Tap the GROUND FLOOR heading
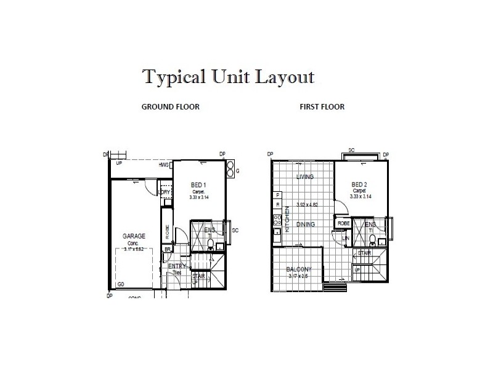(171, 106)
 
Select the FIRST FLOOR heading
(322, 106)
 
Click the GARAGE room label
(133, 236)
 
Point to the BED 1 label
(198, 185)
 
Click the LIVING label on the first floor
(305, 177)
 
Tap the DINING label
(306, 224)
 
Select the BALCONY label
(299, 269)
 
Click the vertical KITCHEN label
(287, 218)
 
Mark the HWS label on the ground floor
(164, 165)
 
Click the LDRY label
(165, 192)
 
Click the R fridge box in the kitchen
(278, 204)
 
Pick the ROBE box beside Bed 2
(344, 224)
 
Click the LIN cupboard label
(346, 238)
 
